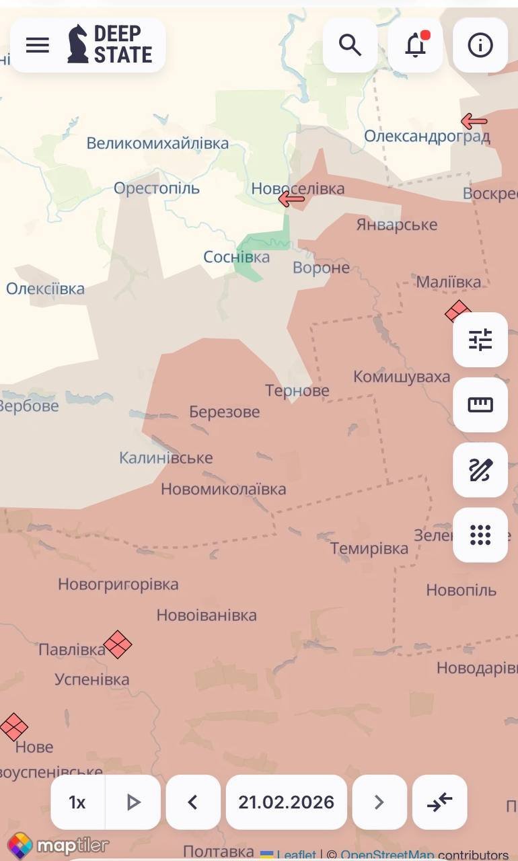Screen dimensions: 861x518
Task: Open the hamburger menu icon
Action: (38, 45)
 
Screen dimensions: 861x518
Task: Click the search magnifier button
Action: (350, 45)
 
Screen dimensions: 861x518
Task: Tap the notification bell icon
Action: (415, 45)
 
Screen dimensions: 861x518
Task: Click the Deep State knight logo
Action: (78, 44)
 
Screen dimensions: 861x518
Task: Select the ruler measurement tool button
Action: (480, 405)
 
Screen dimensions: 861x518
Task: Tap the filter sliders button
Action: (480, 340)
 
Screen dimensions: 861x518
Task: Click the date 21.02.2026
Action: (286, 802)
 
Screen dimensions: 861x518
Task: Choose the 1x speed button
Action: (77, 802)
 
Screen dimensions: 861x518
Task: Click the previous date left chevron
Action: (193, 802)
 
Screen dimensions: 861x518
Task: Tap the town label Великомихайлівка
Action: (157, 143)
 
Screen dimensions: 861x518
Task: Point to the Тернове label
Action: (297, 390)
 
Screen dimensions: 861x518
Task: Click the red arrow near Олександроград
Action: (474, 121)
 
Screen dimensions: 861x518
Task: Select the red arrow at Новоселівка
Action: (292, 198)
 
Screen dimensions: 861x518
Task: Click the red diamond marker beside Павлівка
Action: (118, 644)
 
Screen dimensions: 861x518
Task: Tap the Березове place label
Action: (224, 412)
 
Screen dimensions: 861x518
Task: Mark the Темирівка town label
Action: (369, 548)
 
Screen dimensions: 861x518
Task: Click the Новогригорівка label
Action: (118, 584)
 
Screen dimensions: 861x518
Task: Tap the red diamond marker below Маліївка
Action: (457, 311)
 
